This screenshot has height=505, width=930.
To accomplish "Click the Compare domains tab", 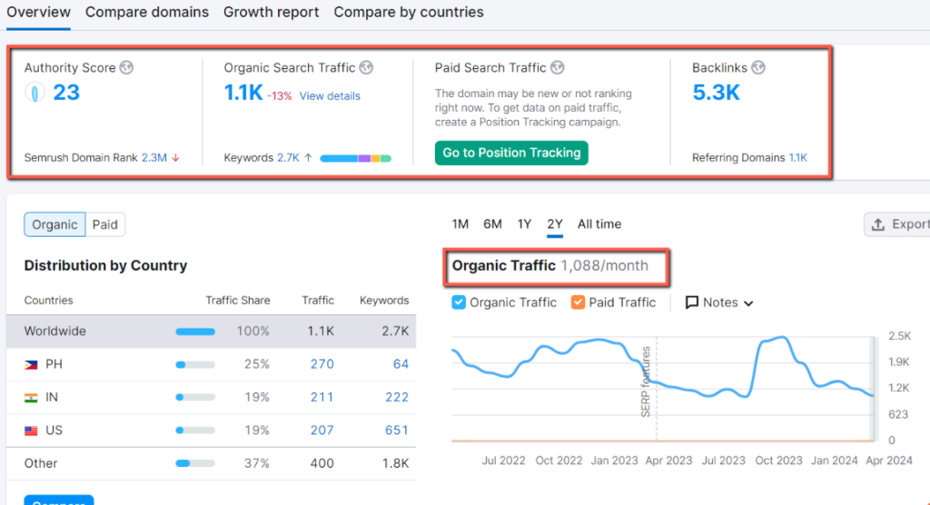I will (147, 13).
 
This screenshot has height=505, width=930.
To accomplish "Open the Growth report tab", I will (271, 13).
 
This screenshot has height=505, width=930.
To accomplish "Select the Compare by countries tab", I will (409, 13).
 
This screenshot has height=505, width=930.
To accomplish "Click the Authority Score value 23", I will (66, 93).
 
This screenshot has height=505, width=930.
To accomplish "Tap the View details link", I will (330, 96).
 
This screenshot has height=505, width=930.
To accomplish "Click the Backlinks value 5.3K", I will (716, 93).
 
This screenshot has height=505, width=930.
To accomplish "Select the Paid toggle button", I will (105, 224).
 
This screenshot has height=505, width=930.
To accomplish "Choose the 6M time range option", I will (492, 224).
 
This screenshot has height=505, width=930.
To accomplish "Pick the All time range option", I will (599, 224).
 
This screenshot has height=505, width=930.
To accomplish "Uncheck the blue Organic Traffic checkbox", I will (460, 302).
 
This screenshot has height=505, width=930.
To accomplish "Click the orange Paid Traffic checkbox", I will (579, 302).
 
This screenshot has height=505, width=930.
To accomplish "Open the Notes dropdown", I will (719, 302).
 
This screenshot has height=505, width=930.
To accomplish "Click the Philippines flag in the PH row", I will (32, 364).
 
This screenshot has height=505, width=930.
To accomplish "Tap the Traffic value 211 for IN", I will (322, 397).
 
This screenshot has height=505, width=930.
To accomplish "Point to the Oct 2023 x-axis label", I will (777, 460).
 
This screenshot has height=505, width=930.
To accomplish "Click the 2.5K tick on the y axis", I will (898, 336).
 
